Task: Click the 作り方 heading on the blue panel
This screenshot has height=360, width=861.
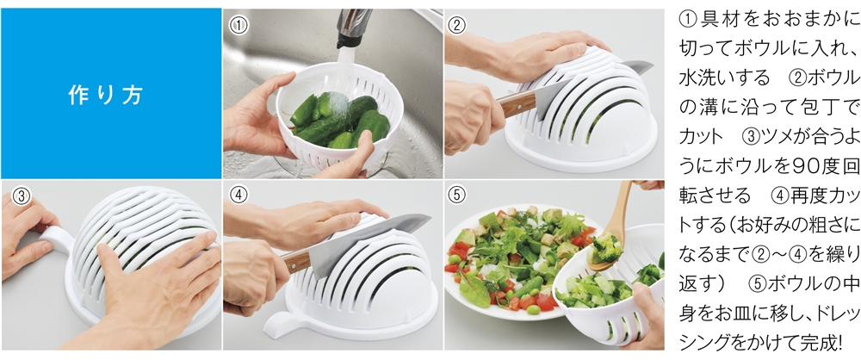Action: (105, 95)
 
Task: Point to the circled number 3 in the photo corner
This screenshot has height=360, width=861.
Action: (21, 196)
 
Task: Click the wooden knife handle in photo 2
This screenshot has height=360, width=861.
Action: (518, 103)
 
